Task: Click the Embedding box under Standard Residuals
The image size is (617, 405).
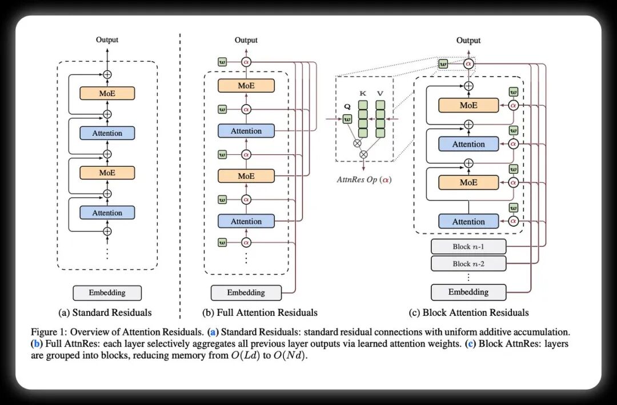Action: point(107,293)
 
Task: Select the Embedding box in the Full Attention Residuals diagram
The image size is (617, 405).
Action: point(246,293)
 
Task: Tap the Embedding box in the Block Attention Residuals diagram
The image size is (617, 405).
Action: point(468,292)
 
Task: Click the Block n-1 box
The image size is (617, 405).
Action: point(468,247)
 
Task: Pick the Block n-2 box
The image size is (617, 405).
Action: point(468,264)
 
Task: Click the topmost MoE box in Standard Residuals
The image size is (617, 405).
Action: point(107,93)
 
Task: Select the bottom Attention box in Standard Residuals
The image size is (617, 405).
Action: point(107,212)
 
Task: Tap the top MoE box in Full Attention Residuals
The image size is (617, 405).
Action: point(246,86)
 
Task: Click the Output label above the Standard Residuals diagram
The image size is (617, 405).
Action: point(107,40)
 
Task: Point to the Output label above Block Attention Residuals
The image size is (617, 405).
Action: point(468,40)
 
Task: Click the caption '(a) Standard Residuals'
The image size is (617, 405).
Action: point(105,312)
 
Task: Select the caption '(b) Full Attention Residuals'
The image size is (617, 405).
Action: point(260,312)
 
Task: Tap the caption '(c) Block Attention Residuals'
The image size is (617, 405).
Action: point(468,312)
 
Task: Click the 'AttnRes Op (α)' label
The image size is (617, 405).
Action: point(364,179)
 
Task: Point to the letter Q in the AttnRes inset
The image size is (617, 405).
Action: point(347,107)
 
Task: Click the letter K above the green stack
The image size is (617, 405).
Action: point(363,94)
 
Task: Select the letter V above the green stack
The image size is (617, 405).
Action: point(380,94)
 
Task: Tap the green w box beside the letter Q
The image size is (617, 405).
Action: point(347,119)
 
